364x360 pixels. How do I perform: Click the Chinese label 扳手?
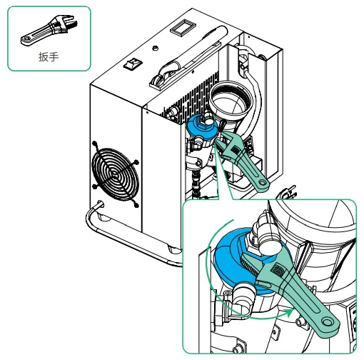coord(49,57)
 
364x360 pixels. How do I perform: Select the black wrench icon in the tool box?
coord(49,30)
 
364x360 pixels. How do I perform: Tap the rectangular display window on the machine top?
coord(183,27)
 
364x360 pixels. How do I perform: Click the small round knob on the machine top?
coord(155,48)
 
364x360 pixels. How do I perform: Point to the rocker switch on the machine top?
coord(133,64)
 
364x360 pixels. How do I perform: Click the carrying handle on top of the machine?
coord(188,57)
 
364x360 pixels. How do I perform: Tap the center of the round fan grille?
coord(115,174)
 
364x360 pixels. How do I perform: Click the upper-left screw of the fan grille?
coord(95,144)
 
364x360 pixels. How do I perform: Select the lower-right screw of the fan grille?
coord(136,205)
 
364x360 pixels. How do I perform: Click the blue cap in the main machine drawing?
coord(202,129)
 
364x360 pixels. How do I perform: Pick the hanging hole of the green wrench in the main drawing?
coord(263,183)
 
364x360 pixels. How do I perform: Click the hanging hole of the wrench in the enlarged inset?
coord(327,322)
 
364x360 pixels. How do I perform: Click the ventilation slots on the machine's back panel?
coord(191,95)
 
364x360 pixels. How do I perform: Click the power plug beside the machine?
coord(287,192)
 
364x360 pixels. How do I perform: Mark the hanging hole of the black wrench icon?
coord(26,39)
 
